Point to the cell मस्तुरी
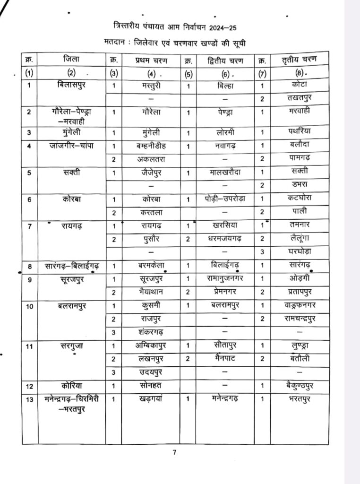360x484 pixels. [x=150, y=86]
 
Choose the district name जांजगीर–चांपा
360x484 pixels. [x=71, y=145]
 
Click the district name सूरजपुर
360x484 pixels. [x=71, y=279]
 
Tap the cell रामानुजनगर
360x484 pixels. [x=223, y=279]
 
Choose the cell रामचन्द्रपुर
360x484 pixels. [x=296, y=319]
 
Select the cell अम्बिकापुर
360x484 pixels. [x=150, y=346]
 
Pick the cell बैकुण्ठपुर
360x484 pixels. [x=296, y=386]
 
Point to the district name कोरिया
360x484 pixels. [x=71, y=385]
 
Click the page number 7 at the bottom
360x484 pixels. [x=174, y=452]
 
